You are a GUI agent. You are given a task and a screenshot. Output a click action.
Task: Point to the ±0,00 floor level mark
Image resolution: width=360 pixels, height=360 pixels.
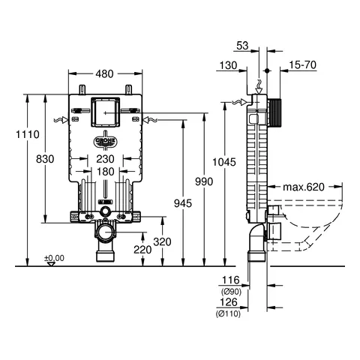[54, 259]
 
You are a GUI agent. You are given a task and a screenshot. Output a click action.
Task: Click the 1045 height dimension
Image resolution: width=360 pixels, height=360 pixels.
[237, 160]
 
